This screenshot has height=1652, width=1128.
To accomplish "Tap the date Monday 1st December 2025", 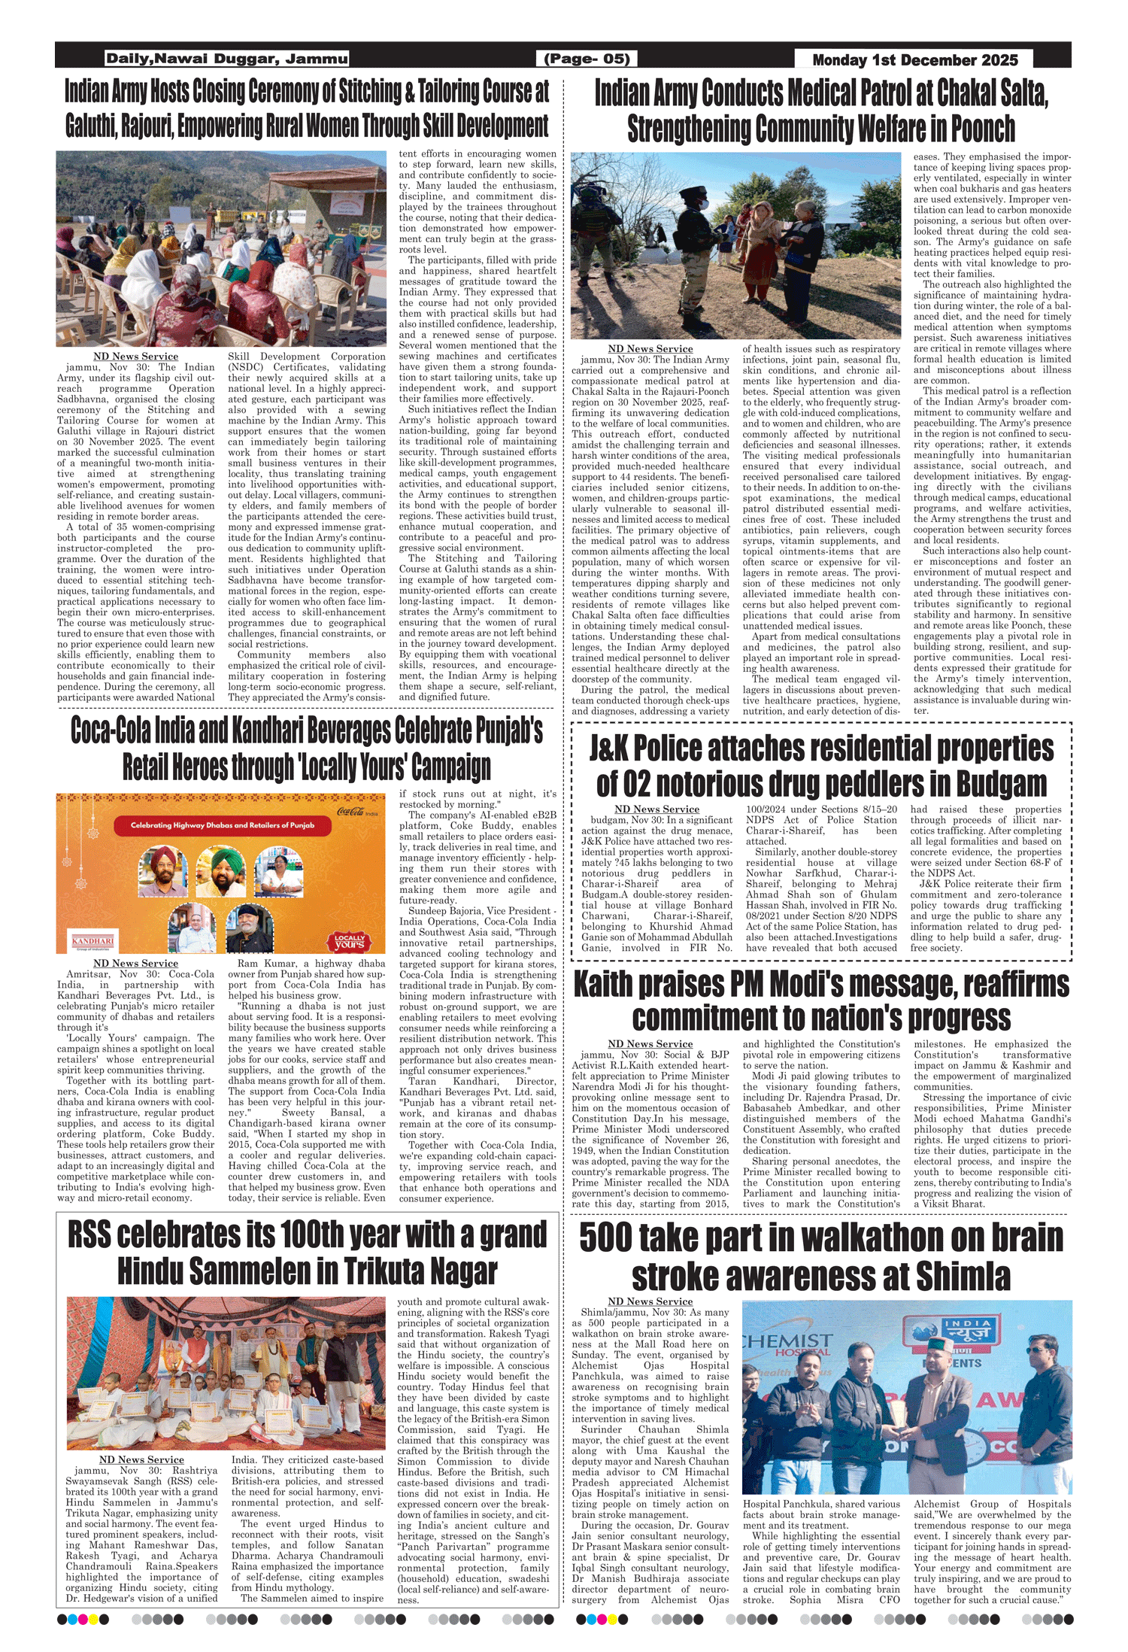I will [914, 59].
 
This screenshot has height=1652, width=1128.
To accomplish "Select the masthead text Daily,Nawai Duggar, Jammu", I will [226, 59].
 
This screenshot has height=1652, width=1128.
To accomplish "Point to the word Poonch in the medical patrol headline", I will [983, 129].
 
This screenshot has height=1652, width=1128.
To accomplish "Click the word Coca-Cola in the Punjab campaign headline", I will [108, 730].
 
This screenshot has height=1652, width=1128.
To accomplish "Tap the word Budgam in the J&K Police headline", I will [1001, 784].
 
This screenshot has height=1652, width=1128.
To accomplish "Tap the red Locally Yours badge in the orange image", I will [350, 941].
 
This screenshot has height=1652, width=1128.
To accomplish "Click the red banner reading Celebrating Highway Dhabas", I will [223, 825].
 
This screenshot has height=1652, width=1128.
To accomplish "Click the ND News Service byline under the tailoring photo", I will [135, 357].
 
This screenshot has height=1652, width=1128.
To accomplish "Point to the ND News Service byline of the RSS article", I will [141, 1459].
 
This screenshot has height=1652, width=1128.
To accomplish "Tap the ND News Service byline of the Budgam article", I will [656, 809].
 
